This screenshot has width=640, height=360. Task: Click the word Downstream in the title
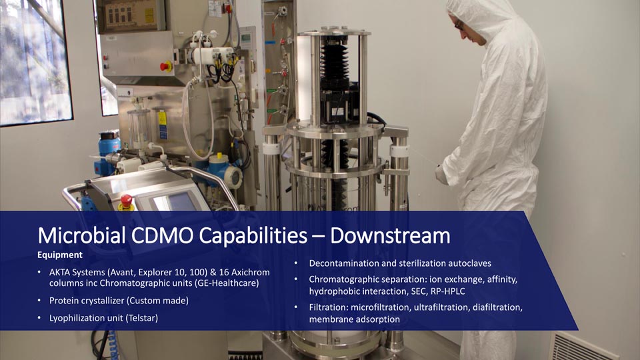390,236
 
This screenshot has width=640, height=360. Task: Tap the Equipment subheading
60,255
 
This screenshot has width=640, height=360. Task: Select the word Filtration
328,307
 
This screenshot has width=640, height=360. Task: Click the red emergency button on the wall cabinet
165,66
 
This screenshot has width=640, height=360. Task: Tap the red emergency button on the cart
126,201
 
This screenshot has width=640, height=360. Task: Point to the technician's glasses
459,25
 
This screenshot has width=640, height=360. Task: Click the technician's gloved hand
441,175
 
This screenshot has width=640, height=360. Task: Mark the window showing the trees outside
35,61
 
